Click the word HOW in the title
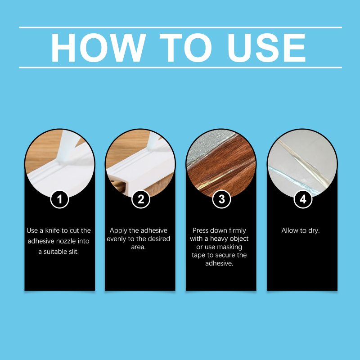[98, 48]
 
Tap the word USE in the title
[266, 48]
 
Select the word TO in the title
[185, 48]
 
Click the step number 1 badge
[59, 199]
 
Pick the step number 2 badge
[141, 199]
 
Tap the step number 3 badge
[221, 199]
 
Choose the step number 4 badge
[303, 199]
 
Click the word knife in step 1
[53, 230]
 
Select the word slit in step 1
[73, 252]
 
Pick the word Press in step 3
[201, 230]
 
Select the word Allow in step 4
[290, 230]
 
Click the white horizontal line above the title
[180, 27]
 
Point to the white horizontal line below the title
[180, 67]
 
